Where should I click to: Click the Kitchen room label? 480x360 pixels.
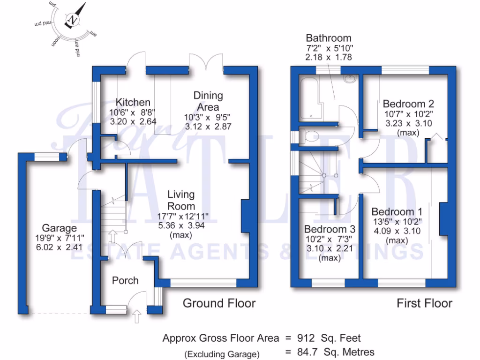coord(133,102)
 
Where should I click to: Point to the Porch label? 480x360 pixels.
coord(125,280)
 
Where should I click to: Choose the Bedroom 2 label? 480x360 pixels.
coord(408,104)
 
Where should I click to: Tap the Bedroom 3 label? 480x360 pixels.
coord(330,229)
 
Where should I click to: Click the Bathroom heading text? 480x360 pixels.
coord(328,38)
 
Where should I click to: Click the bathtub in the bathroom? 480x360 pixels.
coord(309,98)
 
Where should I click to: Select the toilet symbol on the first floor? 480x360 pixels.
coord(308,136)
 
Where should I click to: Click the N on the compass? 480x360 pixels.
coord(73,20)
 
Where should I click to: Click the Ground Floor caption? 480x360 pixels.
coord(219,303)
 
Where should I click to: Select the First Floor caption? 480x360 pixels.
coord(424,303)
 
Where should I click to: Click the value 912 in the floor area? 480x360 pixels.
coord(307,337)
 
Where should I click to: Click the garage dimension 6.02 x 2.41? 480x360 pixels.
coord(58,247)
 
